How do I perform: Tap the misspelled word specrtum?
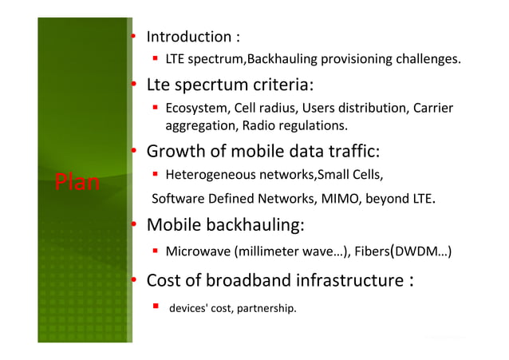[x=222, y=85]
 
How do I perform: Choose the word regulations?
[x=311, y=125]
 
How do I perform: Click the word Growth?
[x=176, y=152]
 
